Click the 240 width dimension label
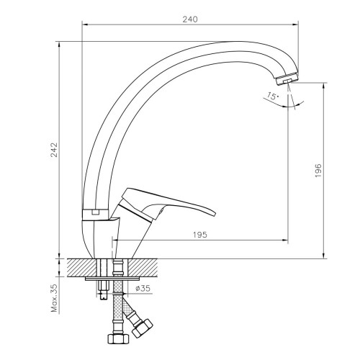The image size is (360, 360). (x=190, y=18)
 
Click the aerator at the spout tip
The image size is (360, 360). (x=289, y=77)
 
